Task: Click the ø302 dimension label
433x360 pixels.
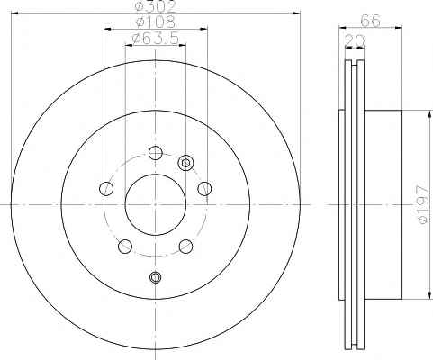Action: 155,6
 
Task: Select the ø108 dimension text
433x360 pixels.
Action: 156,22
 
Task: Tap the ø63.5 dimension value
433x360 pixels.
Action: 156,38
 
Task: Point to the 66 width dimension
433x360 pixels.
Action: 370,21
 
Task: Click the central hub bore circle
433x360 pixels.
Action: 155,175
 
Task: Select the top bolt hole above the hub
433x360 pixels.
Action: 156,153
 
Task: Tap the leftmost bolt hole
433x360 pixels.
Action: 106,189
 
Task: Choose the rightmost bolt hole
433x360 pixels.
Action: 204,189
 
